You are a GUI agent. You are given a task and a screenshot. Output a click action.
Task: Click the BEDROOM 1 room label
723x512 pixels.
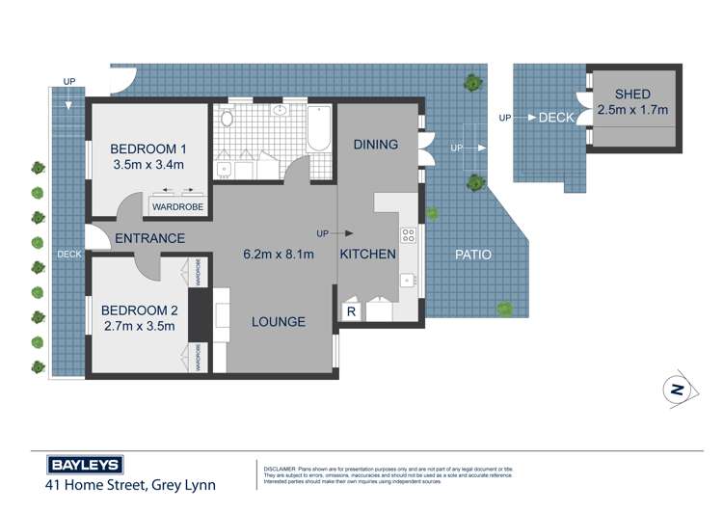click(x=148, y=148)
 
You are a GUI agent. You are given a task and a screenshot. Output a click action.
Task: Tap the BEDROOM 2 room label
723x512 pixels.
click(x=140, y=310)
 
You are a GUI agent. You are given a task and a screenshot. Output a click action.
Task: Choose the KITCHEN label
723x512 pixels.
click(x=367, y=255)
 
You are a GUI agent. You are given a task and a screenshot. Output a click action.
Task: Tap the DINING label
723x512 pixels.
click(x=375, y=146)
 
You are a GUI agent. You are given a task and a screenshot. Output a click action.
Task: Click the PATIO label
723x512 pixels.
click(x=472, y=256)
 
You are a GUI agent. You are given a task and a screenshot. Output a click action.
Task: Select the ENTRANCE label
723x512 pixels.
click(x=149, y=239)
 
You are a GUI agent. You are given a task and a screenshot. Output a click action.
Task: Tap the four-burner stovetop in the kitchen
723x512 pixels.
click(x=408, y=235)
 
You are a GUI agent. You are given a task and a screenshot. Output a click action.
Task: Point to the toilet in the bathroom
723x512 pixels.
click(x=227, y=119)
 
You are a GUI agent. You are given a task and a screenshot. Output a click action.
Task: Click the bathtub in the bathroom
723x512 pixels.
click(x=318, y=129)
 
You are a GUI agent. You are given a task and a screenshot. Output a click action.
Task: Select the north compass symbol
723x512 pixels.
click(x=679, y=391)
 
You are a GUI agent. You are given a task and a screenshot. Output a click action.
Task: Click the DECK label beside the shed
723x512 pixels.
click(x=556, y=118)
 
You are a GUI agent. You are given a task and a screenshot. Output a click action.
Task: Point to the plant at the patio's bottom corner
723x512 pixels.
click(x=504, y=309)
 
